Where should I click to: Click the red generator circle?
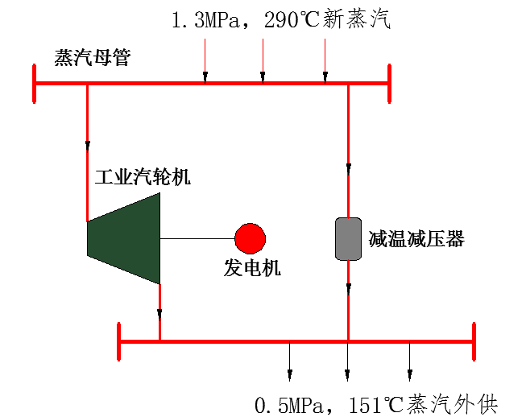251,238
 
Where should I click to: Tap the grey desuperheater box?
349,238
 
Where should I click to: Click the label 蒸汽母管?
93,58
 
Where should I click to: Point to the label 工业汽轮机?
143,176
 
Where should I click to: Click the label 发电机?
252,268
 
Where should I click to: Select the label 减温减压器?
416,239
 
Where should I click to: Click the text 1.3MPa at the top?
205,19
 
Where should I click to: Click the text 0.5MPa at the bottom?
289,405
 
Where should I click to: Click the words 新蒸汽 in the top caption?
356,19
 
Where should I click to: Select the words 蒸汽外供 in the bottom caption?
452,405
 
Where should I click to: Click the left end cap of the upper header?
34,84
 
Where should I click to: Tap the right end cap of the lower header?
474,341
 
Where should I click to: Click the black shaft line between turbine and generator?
197,238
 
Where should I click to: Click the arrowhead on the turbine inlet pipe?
88,146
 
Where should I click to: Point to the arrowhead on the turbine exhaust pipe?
159,314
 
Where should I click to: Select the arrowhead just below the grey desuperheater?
349,288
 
